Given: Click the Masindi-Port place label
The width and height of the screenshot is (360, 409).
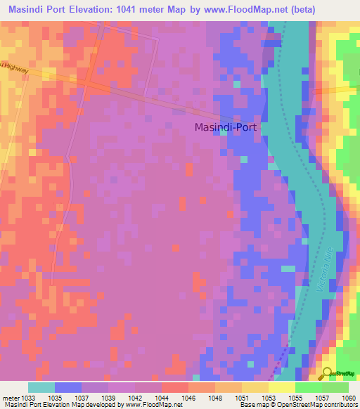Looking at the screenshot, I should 225,128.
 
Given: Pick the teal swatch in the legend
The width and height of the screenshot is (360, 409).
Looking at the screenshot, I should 41,387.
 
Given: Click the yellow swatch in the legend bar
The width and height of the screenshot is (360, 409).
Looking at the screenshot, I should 282,387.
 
